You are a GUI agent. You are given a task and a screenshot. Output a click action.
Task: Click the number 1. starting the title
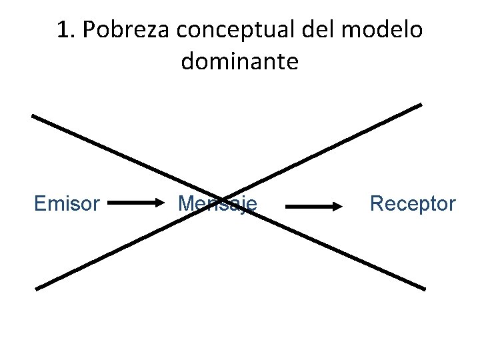coord(65,30)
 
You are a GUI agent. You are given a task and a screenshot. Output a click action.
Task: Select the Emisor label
coord(67,203)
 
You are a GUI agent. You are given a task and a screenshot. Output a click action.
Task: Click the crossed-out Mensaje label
coord(217,203)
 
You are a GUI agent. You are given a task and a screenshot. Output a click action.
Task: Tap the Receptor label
coord(413,203)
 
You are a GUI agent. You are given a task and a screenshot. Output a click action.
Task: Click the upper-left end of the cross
coord(33,115)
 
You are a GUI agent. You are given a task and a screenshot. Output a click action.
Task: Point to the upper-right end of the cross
coord(421,104)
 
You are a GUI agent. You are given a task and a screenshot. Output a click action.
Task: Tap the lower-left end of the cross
coord(37,289)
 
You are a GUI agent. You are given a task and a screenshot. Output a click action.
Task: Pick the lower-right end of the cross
coord(424,289)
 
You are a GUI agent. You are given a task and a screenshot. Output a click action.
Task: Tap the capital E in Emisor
coord(39,203)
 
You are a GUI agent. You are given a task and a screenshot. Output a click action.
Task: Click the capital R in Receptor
coord(375,203)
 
